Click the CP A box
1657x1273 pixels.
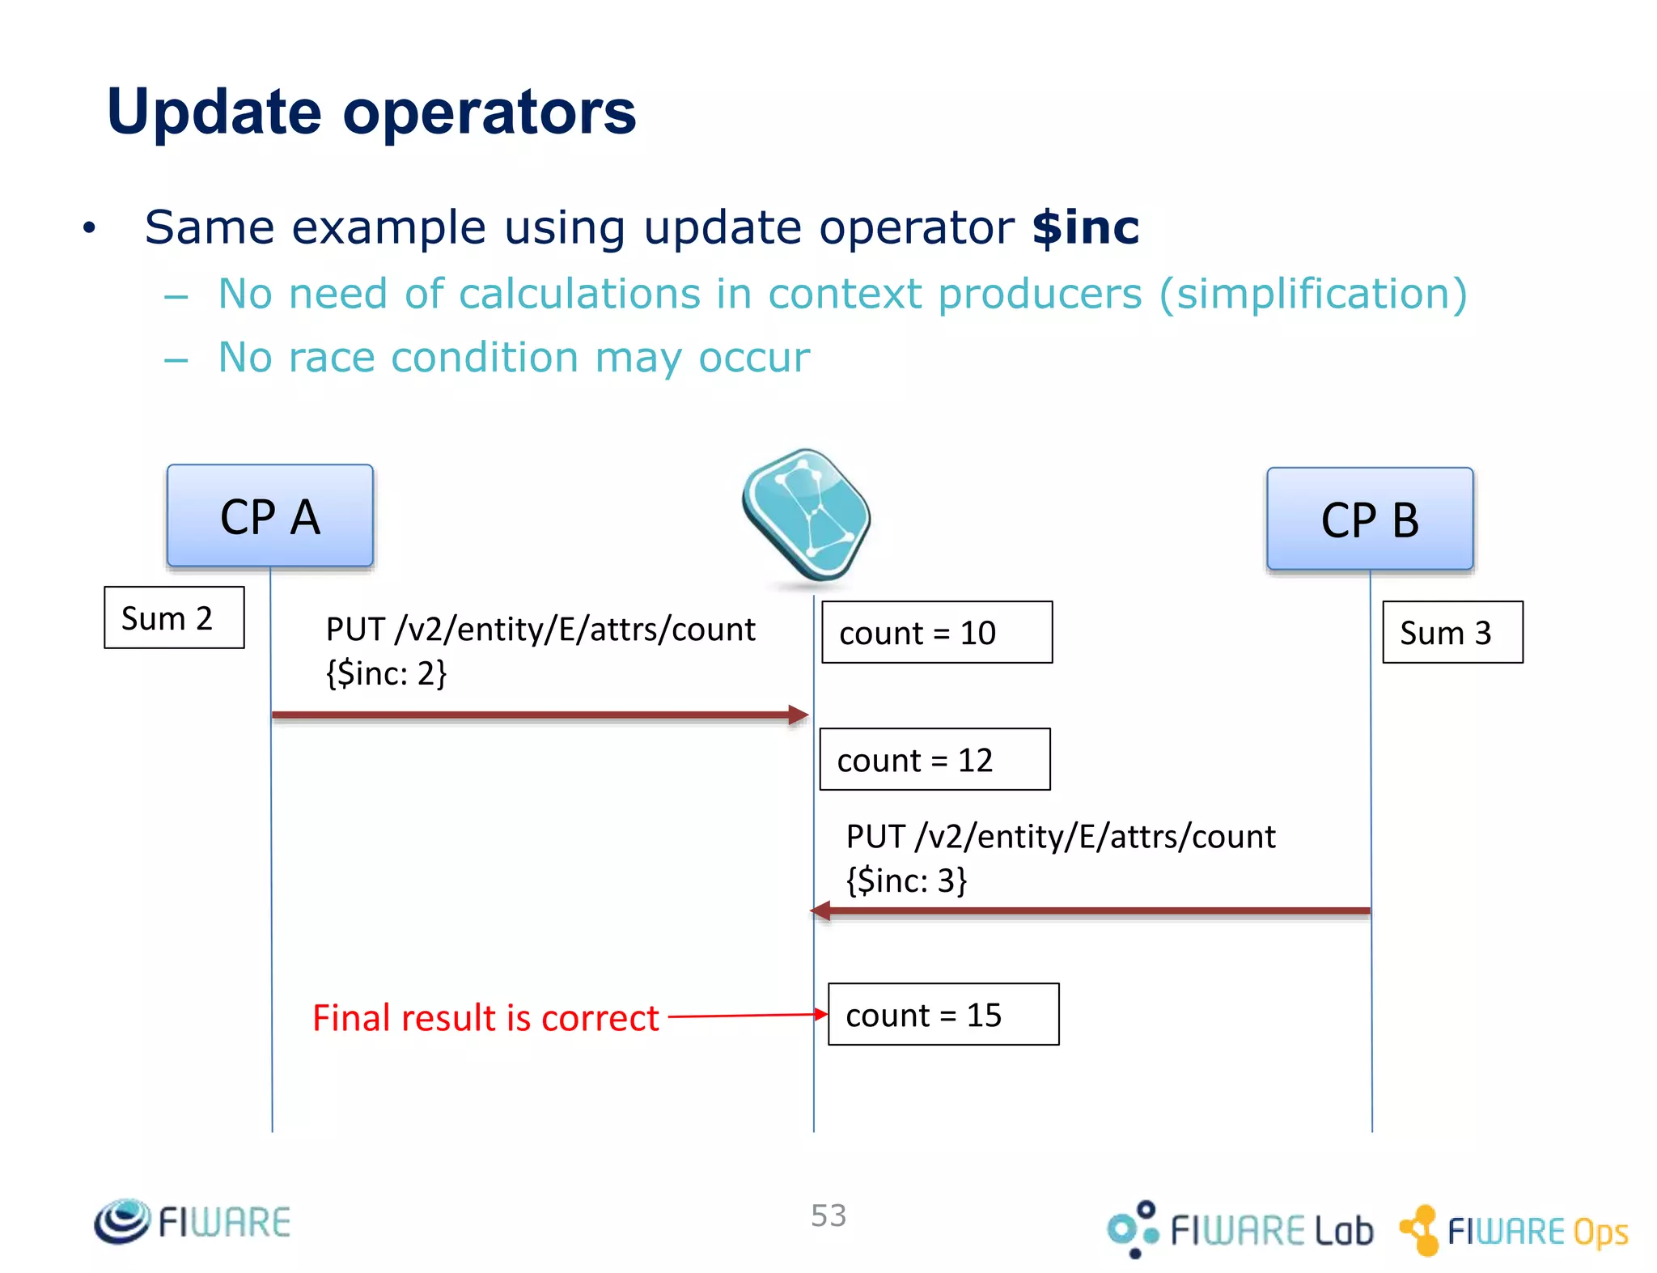[269, 516]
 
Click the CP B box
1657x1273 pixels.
[1369, 519]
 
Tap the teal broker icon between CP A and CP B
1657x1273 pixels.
[806, 515]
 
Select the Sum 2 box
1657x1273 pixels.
[174, 617]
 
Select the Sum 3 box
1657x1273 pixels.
[1452, 632]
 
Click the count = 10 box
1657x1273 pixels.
[936, 632]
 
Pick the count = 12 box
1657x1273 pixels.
[934, 759]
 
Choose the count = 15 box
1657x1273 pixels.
[943, 1014]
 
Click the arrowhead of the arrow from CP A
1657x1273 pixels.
[799, 715]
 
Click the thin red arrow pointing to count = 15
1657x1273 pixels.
[744, 1015]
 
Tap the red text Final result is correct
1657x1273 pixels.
[485, 1017]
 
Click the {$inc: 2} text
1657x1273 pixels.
[386, 673]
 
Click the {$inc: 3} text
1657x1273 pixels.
[906, 880]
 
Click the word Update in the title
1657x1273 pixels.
[214, 112]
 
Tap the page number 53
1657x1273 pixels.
[828, 1215]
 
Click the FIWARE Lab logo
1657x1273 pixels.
[1240, 1228]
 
